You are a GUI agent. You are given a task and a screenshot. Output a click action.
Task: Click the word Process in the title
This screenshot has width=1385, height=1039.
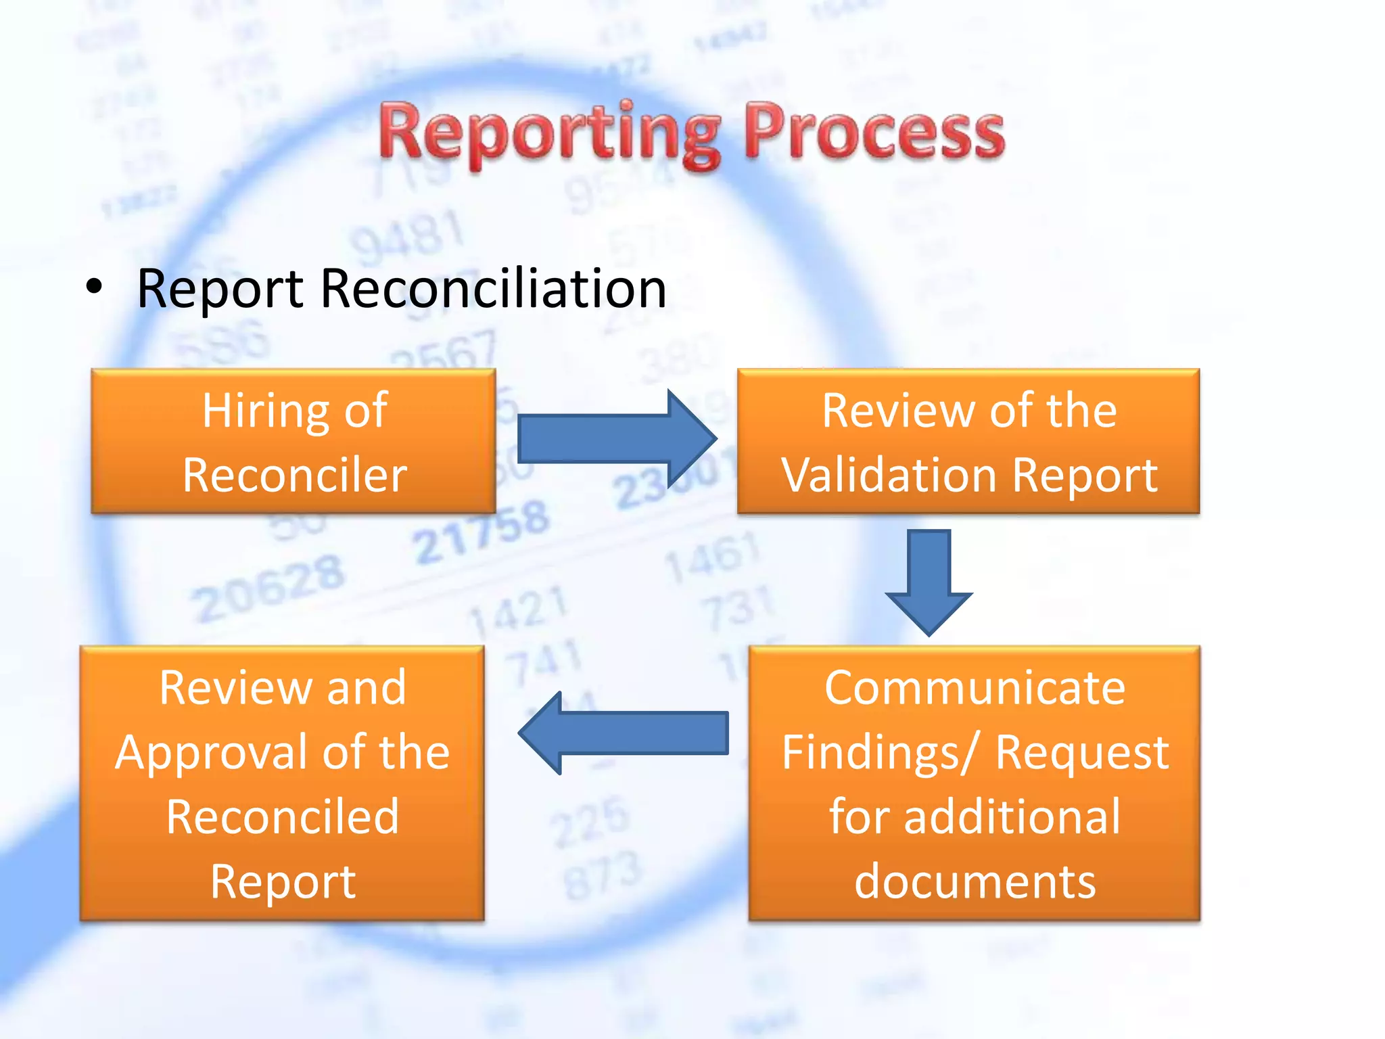click(874, 133)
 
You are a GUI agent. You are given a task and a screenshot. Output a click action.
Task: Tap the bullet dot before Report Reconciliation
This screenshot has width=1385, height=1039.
click(95, 287)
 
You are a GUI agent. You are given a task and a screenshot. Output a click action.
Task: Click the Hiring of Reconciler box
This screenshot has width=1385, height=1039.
click(294, 441)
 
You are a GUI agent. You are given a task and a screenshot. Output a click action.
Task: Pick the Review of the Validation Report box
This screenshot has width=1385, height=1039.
click(968, 441)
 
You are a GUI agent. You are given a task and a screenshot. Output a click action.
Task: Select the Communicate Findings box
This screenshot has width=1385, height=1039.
click(974, 783)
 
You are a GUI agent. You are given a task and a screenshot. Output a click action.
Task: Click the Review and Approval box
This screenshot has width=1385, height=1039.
click(282, 783)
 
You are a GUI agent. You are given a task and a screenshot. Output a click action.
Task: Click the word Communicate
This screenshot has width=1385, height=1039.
click(975, 688)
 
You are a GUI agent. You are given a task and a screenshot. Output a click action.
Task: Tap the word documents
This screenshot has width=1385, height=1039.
click(975, 881)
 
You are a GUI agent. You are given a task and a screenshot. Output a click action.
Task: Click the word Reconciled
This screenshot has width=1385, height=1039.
click(282, 817)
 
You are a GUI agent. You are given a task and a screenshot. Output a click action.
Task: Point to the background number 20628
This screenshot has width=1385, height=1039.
click(268, 587)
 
